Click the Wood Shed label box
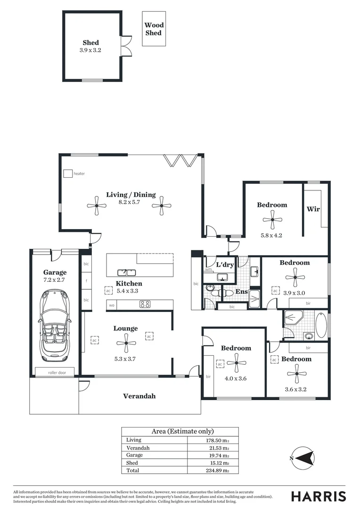[154, 29]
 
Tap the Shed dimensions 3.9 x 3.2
[90, 49]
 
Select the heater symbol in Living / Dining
[68, 173]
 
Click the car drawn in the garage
[55, 325]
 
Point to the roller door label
[57, 372]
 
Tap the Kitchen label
[129, 284]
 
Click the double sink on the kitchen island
[126, 272]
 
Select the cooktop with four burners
[145, 304]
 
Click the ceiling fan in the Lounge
[126, 343]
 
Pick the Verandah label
[139, 396]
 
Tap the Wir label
[313, 209]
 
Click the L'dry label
[225, 265]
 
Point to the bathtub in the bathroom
[321, 326]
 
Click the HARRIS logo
[318, 496]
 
